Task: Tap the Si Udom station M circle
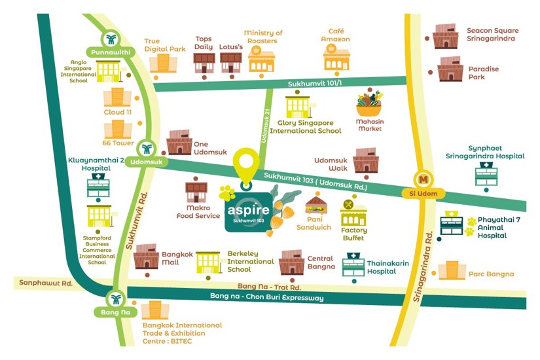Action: point(423,178)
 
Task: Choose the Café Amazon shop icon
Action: point(336,58)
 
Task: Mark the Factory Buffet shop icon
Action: point(353,213)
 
